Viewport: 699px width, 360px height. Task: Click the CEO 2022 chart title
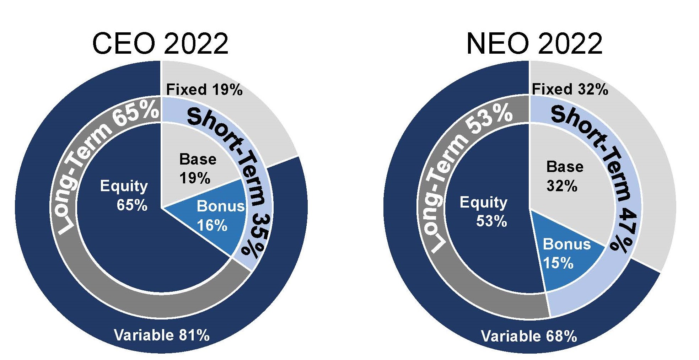pyautogui.click(x=160, y=43)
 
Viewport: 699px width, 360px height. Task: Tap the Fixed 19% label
pyautogui.click(x=204, y=90)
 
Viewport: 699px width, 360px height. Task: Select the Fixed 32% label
pyautogui.click(x=570, y=89)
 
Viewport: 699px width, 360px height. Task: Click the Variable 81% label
pyautogui.click(x=162, y=335)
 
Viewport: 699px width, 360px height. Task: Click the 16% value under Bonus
pyautogui.click(x=212, y=225)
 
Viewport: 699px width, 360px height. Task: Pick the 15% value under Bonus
pyautogui.click(x=558, y=263)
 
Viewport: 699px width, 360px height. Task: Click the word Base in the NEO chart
pyautogui.click(x=565, y=167)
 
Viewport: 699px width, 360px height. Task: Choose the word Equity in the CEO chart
pyautogui.click(x=124, y=186)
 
